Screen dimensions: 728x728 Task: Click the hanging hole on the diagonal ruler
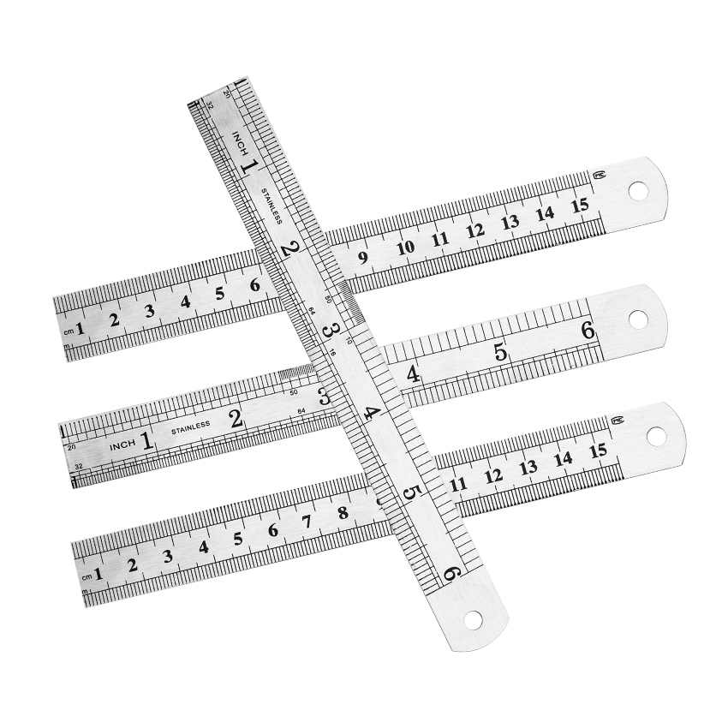click(x=471, y=618)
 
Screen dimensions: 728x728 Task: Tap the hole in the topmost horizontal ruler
click(x=638, y=191)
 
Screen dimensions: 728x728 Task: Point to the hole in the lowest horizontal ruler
click(x=655, y=436)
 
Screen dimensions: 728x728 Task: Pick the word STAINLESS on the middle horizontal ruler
click(x=190, y=430)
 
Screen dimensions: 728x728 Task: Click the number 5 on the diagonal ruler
click(x=411, y=493)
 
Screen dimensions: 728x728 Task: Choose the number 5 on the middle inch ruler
click(x=500, y=352)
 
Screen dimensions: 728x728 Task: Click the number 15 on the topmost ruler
click(x=580, y=205)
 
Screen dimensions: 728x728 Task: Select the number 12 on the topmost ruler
click(x=475, y=230)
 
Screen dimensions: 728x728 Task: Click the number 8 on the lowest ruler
click(x=343, y=513)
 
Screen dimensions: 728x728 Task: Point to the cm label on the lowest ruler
click(x=86, y=578)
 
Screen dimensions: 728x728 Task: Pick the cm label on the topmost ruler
click(x=68, y=332)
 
